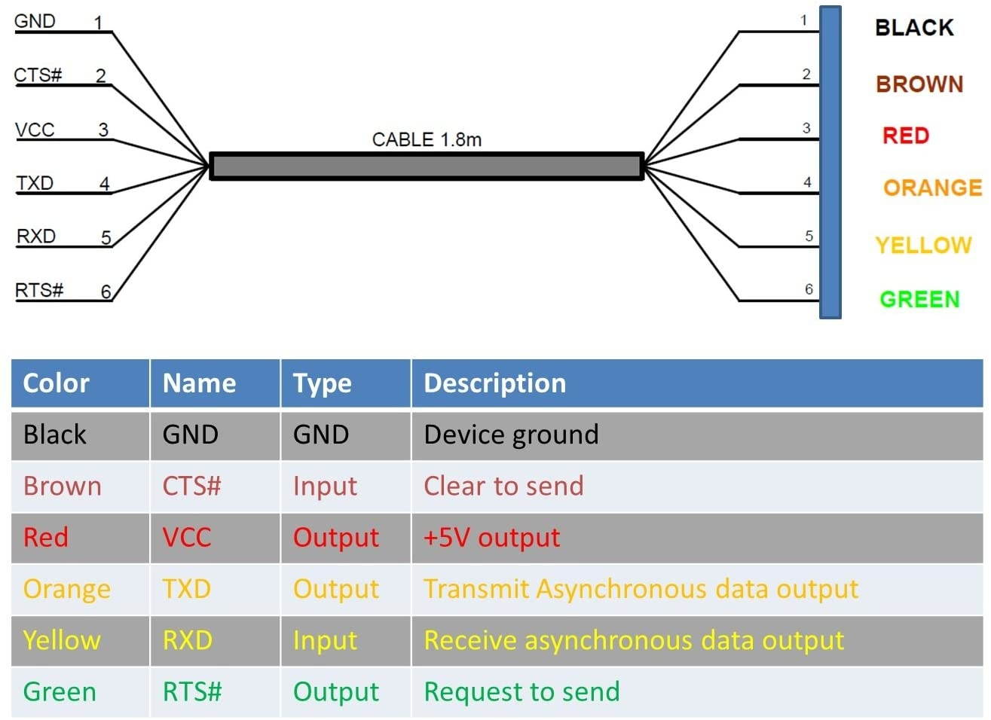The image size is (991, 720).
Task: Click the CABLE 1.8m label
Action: [427, 139]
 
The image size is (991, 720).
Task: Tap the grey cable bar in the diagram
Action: [427, 166]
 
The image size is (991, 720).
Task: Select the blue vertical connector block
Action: [830, 162]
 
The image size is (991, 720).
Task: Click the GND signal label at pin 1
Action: [35, 21]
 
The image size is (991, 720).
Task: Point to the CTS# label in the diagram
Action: [38, 75]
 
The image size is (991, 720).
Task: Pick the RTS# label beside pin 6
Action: [39, 290]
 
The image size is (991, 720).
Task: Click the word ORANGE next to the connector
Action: [932, 188]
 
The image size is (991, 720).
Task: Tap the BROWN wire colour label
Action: [919, 84]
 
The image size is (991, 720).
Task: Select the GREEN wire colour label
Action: [919, 299]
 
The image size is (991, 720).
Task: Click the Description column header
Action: [494, 383]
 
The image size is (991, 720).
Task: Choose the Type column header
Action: [323, 383]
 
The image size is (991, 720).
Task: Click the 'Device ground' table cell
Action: [511, 435]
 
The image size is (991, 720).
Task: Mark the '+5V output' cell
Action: [491, 538]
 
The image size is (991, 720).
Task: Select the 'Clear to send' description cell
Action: [503, 486]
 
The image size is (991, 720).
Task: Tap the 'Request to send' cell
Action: [521, 691]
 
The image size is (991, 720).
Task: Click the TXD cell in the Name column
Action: [186, 589]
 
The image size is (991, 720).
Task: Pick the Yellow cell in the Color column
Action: [62, 640]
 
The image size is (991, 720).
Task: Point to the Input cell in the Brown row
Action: [325, 486]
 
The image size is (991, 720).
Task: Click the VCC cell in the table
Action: [187, 538]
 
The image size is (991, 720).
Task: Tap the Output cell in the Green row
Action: [336, 691]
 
